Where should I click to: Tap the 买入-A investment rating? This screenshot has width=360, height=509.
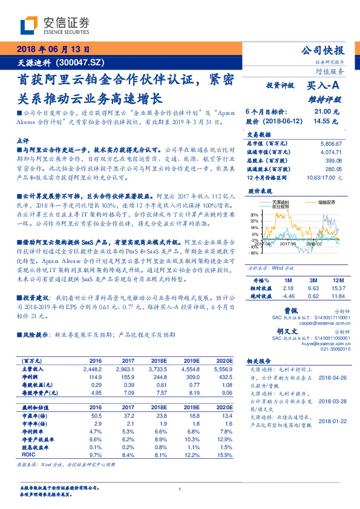tap(326, 86)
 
